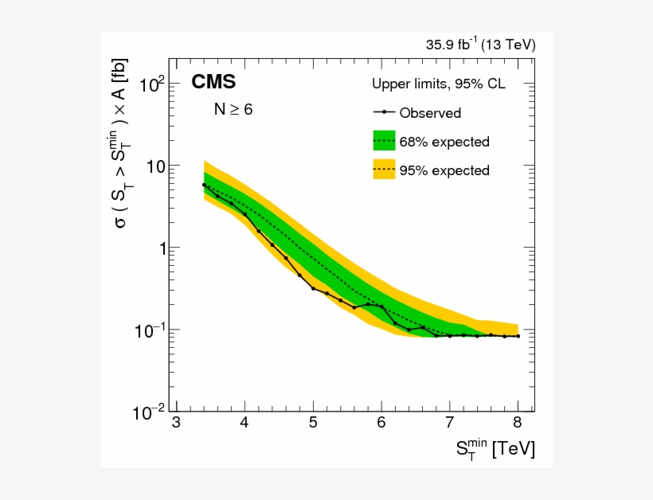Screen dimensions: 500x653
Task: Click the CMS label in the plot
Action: click(213, 83)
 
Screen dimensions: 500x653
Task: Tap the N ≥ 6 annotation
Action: click(233, 110)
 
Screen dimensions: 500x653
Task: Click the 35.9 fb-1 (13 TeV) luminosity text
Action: click(480, 45)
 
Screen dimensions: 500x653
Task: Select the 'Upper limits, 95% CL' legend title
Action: click(438, 84)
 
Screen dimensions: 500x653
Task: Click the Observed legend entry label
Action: click(430, 113)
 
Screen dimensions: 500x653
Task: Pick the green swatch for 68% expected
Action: click(384, 141)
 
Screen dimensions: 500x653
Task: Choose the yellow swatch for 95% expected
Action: click(384, 170)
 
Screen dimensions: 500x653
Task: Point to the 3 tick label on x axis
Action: click(176, 422)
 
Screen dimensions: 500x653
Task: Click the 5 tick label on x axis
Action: click(313, 422)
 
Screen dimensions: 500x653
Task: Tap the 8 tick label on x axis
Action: click(518, 422)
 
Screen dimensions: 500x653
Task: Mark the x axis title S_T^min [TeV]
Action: click(495, 449)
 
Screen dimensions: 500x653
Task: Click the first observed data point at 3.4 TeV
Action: click(204, 185)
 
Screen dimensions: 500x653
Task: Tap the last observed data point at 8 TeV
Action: click(518, 336)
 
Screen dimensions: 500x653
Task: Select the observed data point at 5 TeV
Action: click(313, 288)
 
